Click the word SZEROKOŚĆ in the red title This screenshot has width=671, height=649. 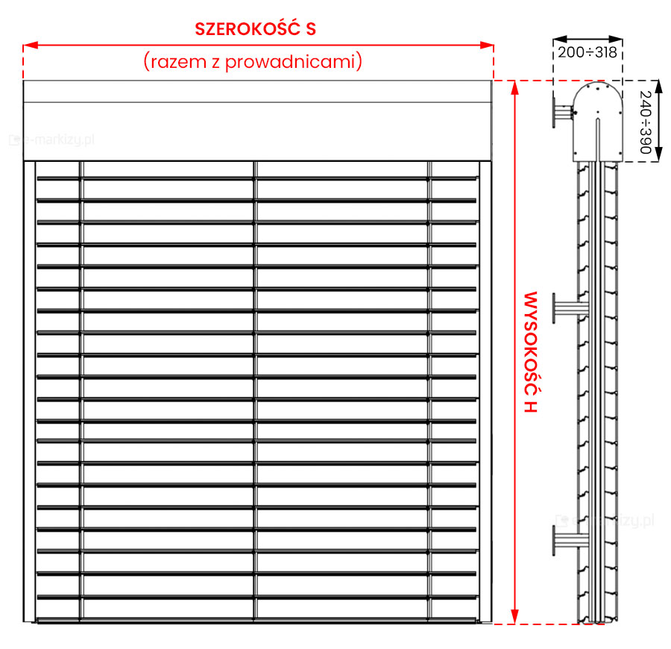246,29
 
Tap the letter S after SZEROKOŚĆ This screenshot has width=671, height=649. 310,29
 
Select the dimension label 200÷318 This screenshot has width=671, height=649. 587,52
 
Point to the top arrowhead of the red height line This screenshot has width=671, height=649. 514,85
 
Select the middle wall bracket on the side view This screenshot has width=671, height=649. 567,308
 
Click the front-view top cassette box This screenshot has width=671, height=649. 258,120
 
